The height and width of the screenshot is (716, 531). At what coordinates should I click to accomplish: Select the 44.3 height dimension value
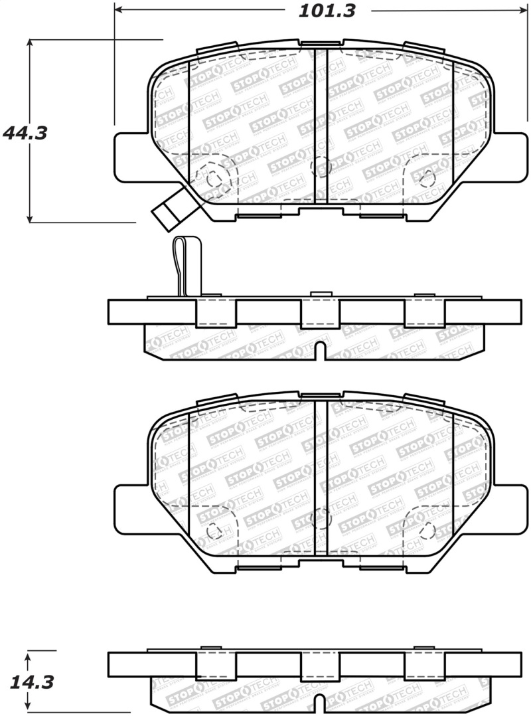25,133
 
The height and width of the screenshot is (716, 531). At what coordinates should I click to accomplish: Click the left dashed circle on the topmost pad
214,179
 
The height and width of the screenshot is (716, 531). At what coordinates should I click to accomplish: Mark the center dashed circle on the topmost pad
321,167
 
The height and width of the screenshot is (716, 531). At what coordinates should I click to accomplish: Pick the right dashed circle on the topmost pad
427,178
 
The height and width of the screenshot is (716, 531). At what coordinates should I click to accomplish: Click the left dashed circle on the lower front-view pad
214,531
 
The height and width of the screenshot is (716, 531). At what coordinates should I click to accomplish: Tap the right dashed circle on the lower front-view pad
427,529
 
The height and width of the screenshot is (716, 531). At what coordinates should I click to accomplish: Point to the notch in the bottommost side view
321,703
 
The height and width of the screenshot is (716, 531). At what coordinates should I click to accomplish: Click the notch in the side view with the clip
321,351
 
